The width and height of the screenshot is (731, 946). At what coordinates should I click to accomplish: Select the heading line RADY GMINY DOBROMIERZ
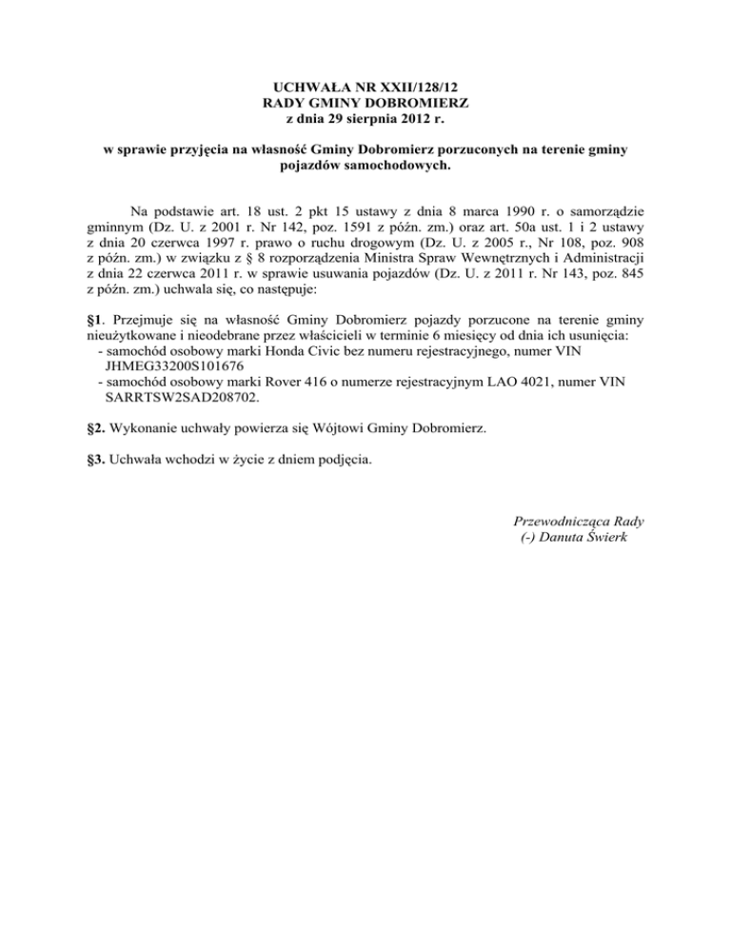365,103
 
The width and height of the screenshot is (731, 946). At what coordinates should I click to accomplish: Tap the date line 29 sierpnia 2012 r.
365,120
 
